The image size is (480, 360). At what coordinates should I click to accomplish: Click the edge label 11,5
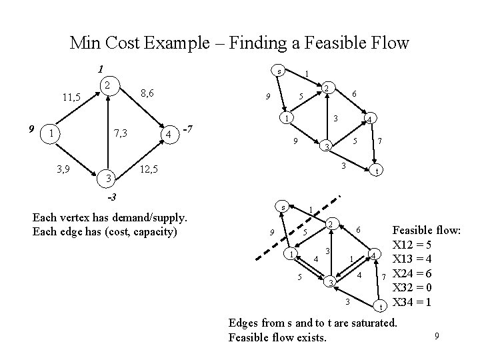pyautogui.click(x=69, y=97)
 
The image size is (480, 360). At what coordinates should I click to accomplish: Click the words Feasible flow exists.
pyautogui.click(x=277, y=337)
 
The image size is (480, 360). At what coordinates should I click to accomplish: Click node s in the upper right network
pyautogui.click(x=280, y=71)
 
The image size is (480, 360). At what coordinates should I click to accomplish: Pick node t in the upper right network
pyautogui.click(x=377, y=171)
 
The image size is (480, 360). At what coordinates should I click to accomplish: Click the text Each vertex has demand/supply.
pyautogui.click(x=110, y=219)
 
